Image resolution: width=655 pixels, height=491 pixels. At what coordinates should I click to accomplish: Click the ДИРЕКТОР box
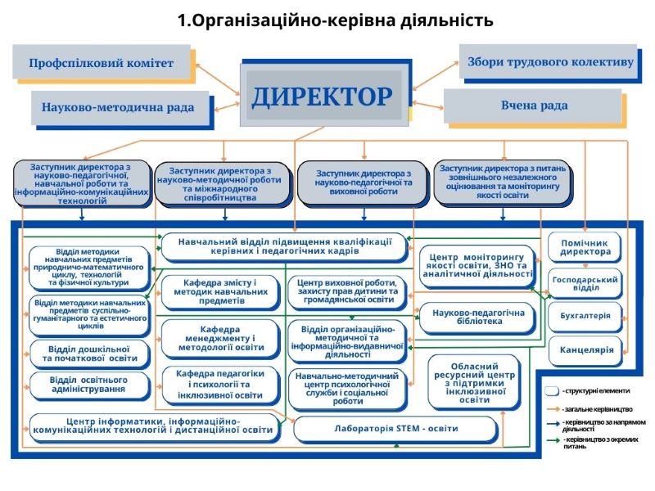322,96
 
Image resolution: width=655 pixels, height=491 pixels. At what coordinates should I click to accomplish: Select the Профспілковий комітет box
102,63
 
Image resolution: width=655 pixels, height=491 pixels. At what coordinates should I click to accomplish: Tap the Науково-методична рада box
119,107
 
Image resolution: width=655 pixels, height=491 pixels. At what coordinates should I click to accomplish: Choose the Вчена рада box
534,106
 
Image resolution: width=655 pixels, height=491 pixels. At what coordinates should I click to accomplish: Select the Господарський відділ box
585,282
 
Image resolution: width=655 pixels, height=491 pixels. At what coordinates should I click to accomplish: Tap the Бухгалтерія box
585,316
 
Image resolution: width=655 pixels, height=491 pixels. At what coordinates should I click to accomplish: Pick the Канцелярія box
585,349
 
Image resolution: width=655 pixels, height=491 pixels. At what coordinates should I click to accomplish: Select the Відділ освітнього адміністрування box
90,385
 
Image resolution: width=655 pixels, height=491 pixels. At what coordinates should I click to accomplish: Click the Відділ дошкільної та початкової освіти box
90,353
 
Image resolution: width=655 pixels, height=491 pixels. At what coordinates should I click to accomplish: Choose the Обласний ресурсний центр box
474,381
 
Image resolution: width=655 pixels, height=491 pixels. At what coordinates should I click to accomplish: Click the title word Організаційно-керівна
310,20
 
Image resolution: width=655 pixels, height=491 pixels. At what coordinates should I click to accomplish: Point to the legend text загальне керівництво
597,408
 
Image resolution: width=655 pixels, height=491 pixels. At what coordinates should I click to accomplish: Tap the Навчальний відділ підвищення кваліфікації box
283,245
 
